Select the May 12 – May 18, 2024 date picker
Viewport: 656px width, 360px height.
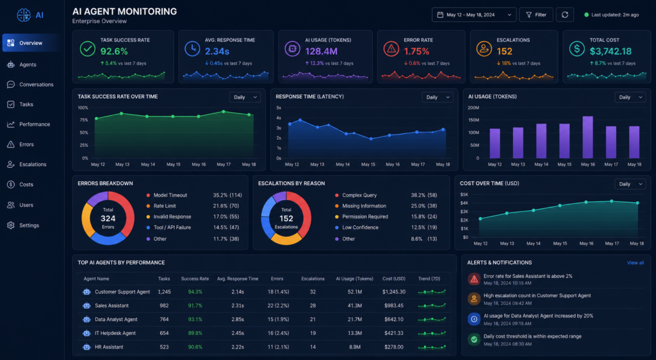474,15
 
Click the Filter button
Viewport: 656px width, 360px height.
536,15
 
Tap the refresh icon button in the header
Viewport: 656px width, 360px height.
565,15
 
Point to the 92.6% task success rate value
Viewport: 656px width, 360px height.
114,51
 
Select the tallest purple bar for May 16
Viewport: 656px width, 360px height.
588,137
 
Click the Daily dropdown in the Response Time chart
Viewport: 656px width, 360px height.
438,97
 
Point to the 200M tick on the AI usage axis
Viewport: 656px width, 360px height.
473,108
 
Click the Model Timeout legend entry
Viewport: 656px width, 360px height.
167,195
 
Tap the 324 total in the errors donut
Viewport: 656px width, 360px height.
108,218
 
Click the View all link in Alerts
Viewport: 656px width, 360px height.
635,263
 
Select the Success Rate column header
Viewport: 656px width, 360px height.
195,279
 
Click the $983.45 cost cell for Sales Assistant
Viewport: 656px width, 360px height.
394,306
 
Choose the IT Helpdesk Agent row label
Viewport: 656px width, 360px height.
115,333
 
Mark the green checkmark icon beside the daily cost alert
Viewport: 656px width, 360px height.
474,340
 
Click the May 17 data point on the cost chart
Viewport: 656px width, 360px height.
612,201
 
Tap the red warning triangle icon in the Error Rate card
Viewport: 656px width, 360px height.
391,49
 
